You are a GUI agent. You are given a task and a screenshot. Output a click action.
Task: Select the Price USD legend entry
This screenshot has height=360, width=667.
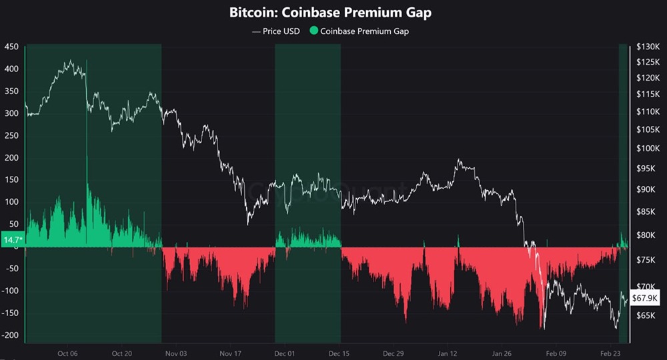(276, 31)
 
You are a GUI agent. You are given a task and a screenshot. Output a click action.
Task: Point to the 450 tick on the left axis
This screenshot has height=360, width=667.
(11, 47)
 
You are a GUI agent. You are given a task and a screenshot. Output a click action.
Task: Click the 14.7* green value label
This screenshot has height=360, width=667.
(13, 239)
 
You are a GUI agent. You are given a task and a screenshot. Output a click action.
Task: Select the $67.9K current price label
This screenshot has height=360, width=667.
(645, 298)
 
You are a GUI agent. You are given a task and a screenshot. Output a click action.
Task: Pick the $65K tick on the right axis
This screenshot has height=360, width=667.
(645, 315)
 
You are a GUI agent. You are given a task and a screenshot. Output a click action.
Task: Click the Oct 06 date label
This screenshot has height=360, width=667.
(68, 354)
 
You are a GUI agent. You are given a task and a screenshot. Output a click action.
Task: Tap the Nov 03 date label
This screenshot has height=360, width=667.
(175, 354)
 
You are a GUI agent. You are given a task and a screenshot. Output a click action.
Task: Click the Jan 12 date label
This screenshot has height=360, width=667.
(448, 354)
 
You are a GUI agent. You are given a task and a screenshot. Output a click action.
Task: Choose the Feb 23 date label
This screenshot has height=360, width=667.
(610, 354)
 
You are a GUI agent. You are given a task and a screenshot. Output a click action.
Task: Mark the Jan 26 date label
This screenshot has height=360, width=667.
(502, 354)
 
